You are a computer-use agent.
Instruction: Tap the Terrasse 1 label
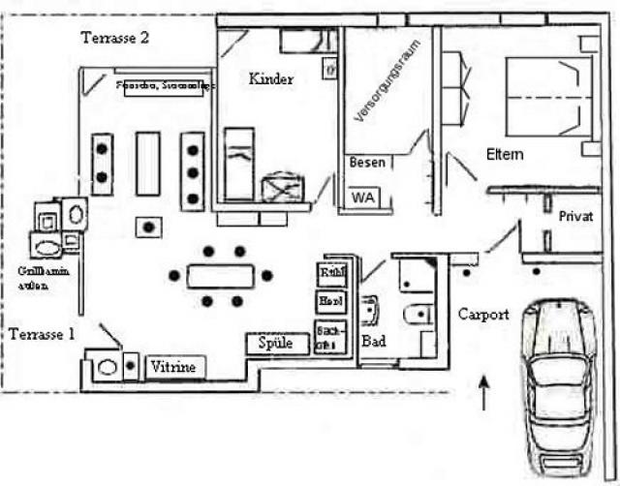click(41, 333)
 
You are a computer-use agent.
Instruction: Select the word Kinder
click(270, 79)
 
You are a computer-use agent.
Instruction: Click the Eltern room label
click(505, 154)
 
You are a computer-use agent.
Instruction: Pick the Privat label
click(575, 217)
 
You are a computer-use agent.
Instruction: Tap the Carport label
click(482, 315)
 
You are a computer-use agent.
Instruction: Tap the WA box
click(362, 197)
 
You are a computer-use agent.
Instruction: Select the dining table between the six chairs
click(221, 276)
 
